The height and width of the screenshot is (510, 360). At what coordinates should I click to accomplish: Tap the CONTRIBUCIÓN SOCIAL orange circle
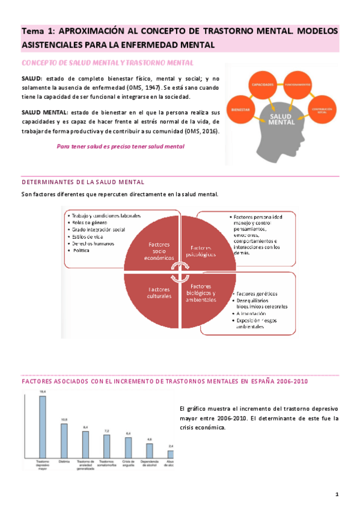click(x=323, y=109)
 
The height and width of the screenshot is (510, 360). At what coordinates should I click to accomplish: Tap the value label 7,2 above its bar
click(x=106, y=431)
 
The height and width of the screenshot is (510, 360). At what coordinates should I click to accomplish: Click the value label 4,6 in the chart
click(x=150, y=440)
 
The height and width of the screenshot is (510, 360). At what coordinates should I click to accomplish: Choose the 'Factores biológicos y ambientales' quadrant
click(x=201, y=293)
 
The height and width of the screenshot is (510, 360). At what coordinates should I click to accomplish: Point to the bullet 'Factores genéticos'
click(x=258, y=293)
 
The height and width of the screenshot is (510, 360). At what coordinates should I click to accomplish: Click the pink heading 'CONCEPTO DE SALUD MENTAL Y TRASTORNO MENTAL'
click(x=107, y=63)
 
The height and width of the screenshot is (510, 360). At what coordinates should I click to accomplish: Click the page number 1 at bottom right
click(x=337, y=494)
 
